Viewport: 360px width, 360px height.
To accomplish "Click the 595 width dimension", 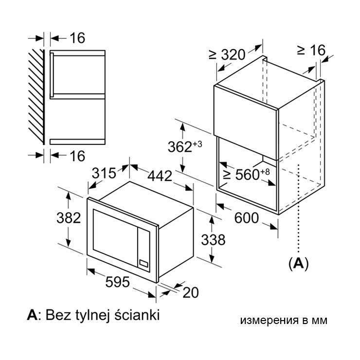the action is pyautogui.click(x=117, y=282).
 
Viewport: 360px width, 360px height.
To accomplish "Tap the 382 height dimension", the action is pyautogui.click(x=69, y=217).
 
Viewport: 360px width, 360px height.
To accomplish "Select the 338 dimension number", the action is pyautogui.click(x=213, y=240).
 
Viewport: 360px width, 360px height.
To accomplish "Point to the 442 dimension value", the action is pyautogui.click(x=160, y=176).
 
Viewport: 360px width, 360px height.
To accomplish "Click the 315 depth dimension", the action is pyautogui.click(x=104, y=173).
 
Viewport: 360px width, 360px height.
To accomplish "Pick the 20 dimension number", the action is pyautogui.click(x=190, y=292).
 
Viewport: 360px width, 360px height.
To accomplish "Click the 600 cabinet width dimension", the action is pyautogui.click(x=246, y=218).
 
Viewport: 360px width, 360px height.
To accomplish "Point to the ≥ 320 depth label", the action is pyautogui.click(x=227, y=54).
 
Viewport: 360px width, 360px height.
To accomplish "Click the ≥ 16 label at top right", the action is pyautogui.click(x=311, y=50).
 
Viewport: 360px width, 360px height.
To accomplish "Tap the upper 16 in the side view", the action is pyautogui.click(x=77, y=38).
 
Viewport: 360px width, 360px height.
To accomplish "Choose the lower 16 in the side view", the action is pyautogui.click(x=77, y=156).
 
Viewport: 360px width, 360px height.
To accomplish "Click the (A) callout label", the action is pyautogui.click(x=298, y=263).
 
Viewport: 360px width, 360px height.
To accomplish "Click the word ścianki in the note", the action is pyautogui.click(x=137, y=315).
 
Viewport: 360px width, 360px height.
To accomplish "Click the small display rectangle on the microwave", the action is pyautogui.click(x=144, y=263).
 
